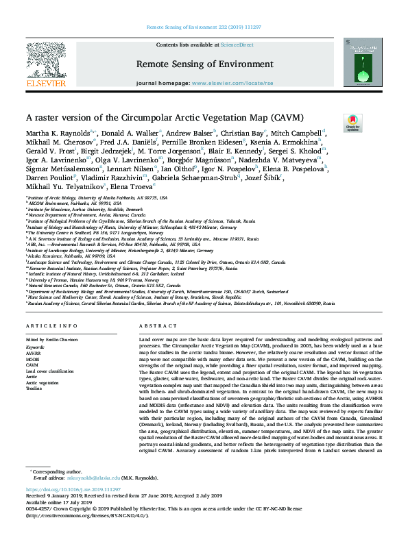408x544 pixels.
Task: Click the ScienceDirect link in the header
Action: coord(237,45)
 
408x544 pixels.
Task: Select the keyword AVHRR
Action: coord(34,352)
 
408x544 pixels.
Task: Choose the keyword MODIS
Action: coord(34,358)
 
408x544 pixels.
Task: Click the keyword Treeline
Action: coord(35,388)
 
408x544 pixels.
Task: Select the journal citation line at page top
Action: coord(204,27)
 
